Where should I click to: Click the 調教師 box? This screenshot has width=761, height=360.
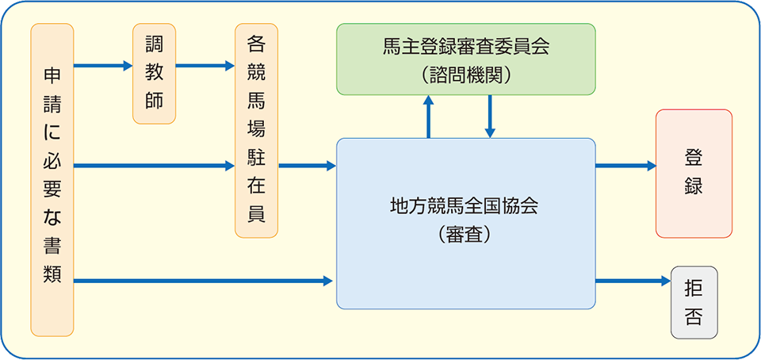tap(154, 74)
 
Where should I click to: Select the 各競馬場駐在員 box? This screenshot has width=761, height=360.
tap(256, 130)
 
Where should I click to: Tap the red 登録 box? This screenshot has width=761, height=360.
tap(694, 173)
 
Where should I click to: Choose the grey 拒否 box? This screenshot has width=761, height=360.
tap(694, 302)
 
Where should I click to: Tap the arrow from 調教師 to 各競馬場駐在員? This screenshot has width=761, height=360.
tap(205, 66)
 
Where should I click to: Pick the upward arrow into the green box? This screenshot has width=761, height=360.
tap(429, 117)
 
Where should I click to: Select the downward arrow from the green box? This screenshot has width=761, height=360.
tap(490, 117)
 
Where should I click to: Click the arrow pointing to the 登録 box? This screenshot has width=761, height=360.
tap(625, 166)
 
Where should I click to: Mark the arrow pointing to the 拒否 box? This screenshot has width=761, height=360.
tap(633, 281)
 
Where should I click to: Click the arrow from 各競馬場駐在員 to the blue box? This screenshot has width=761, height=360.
tap(307, 166)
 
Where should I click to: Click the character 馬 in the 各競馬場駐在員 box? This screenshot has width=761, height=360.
tap(256, 101)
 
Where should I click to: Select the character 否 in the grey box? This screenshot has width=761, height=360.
tap(694, 317)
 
